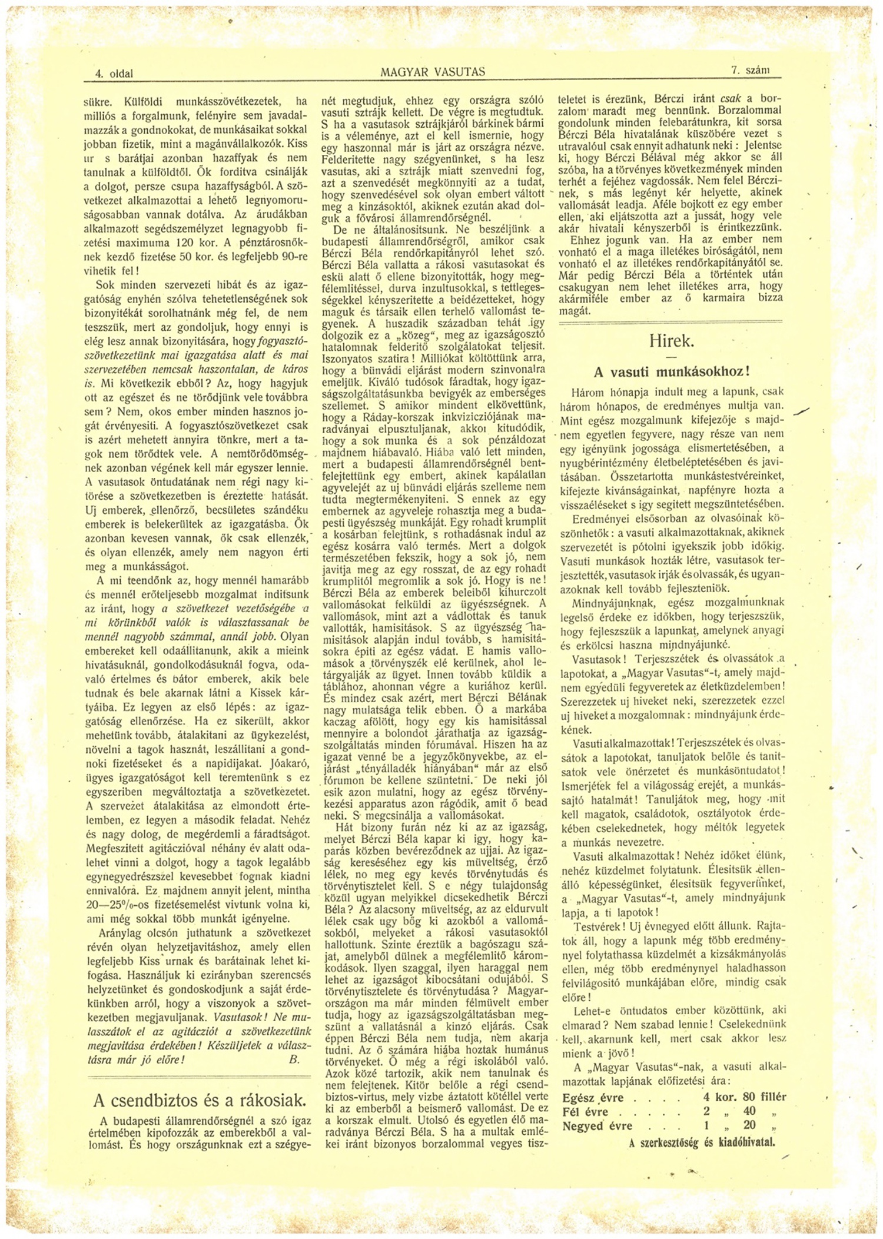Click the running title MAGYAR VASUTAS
[x=433, y=72]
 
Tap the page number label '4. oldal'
[x=114, y=74]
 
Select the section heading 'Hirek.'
[x=672, y=341]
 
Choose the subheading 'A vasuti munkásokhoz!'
[x=672, y=372]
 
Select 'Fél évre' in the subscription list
[x=585, y=1112]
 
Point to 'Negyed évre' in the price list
[x=597, y=1127]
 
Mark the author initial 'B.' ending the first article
[x=294, y=1059]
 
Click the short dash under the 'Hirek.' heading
[x=672, y=357]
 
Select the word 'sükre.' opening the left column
[x=98, y=100]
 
